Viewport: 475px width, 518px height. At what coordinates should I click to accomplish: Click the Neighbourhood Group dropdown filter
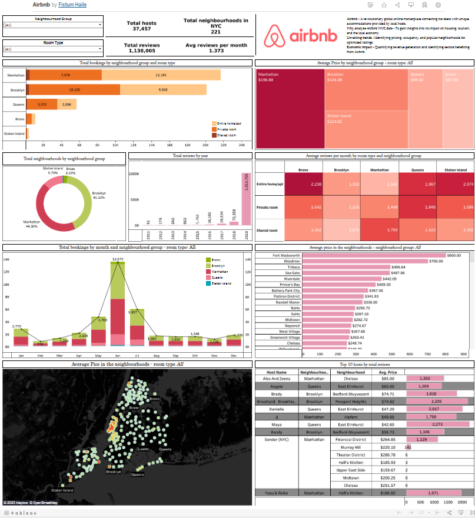[x=53, y=25]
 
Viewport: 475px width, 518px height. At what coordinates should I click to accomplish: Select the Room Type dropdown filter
[x=53, y=49]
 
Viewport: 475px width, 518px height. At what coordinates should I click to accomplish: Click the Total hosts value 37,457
[x=142, y=28]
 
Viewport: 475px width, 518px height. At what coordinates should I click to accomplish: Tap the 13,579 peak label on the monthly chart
[x=118, y=259]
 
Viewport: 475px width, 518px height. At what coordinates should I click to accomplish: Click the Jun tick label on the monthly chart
[x=118, y=356]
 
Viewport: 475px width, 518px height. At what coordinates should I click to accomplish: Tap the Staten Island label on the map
[x=63, y=473]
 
